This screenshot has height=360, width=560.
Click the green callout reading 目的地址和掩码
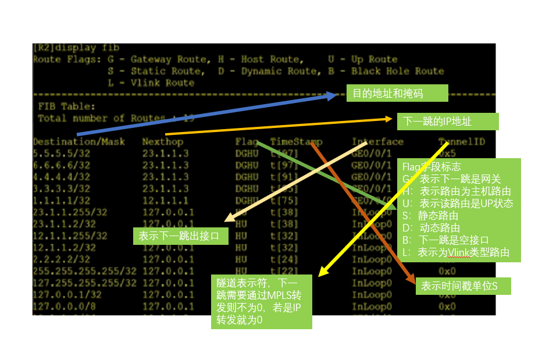(x=397, y=93)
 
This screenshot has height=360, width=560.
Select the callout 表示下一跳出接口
(x=180, y=236)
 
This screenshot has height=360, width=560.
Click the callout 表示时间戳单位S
(x=463, y=286)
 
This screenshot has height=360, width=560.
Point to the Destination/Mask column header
(x=79, y=141)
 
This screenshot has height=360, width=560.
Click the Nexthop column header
(x=162, y=141)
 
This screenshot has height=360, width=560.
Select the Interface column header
(x=377, y=141)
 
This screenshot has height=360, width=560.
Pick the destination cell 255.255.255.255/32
(x=84, y=271)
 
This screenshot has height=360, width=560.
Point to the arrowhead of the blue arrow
(x=334, y=95)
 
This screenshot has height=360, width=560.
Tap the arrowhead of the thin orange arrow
(x=391, y=119)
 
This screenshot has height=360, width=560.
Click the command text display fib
(x=85, y=48)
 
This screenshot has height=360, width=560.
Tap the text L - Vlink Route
(x=151, y=83)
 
